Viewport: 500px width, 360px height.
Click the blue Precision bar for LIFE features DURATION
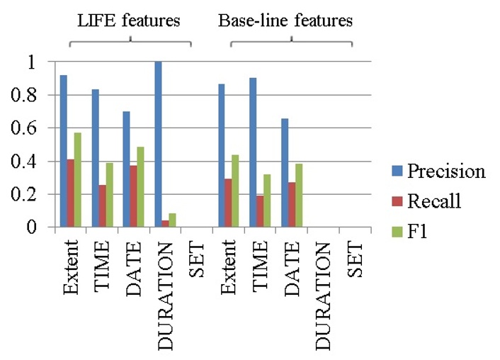click(x=158, y=145)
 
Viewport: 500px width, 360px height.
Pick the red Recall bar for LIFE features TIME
click(x=103, y=206)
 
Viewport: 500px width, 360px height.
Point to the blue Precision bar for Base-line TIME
click(x=253, y=152)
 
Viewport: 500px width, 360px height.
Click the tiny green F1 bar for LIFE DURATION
click(x=173, y=220)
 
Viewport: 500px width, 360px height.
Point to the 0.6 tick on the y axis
click(x=33, y=128)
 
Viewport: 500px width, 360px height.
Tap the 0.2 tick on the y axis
click(x=33, y=195)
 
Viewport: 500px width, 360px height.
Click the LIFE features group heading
click(x=128, y=21)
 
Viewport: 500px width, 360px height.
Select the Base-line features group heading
click(x=285, y=21)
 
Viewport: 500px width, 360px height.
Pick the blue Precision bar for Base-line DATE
click(x=285, y=173)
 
